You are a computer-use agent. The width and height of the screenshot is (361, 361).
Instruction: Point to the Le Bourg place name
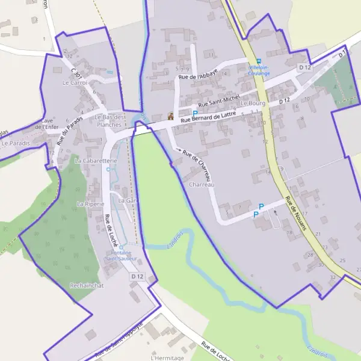click(252, 103)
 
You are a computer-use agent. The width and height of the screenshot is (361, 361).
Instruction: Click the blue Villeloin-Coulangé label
click(260, 70)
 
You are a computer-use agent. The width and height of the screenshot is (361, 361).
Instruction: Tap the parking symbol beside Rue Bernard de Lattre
click(195, 113)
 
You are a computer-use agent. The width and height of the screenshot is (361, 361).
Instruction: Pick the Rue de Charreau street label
click(199, 159)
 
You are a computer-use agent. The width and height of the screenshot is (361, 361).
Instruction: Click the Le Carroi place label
click(75, 83)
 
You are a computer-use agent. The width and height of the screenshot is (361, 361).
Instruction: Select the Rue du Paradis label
click(69, 131)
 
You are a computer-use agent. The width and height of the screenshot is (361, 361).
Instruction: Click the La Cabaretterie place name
click(91, 161)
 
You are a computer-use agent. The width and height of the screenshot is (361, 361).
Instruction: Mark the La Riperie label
click(90, 204)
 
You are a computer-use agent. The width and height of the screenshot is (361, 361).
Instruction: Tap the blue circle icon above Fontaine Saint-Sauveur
click(121, 247)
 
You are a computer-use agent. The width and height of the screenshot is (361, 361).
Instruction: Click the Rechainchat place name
click(87, 285)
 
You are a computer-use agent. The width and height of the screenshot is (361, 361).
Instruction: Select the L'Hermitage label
click(168, 357)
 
